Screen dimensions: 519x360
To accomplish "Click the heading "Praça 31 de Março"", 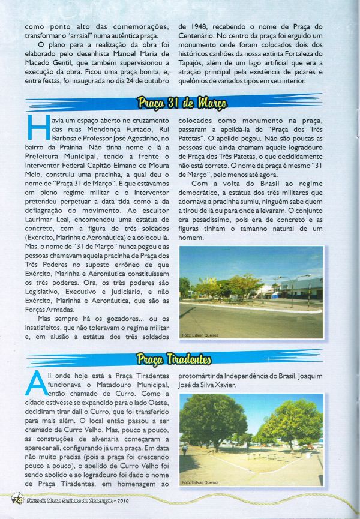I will (x=181, y=103).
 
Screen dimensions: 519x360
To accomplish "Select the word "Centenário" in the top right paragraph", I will (x=202, y=38).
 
